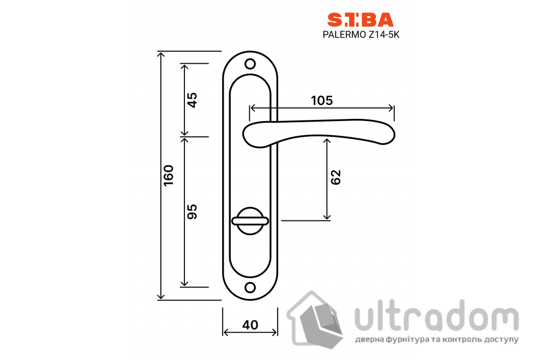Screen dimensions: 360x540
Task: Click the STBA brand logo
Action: pos(359,20)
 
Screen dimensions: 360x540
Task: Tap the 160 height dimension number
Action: pos(169,175)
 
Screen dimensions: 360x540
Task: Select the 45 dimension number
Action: pos(192,100)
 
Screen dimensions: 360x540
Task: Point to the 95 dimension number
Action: pos(192,211)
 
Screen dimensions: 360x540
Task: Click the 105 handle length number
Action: pos(322,100)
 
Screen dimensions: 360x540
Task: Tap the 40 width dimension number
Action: pos(250,325)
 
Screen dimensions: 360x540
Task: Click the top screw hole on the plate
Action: pos(250,64)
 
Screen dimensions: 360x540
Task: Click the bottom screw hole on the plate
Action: pos(250,287)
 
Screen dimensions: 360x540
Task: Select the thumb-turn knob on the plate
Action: pos(250,220)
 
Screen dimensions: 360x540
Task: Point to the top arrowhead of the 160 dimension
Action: pos(161,54)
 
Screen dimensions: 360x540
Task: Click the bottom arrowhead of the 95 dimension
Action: pos(184,284)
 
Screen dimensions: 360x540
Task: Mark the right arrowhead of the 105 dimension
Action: pos(391,107)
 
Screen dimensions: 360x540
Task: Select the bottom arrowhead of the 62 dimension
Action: pos(327,217)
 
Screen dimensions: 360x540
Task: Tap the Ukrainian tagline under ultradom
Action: pos(436,340)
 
